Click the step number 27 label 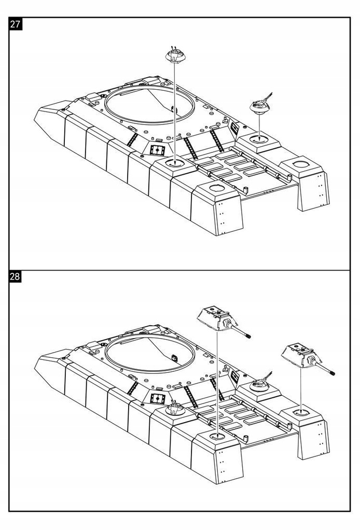(x=15, y=24)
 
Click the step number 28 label (x=15, y=276)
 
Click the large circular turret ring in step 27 (x=150, y=104)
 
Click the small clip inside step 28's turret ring (x=174, y=357)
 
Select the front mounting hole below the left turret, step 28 (x=217, y=437)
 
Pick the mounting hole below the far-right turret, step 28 (x=301, y=413)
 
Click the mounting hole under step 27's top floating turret (x=175, y=163)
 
